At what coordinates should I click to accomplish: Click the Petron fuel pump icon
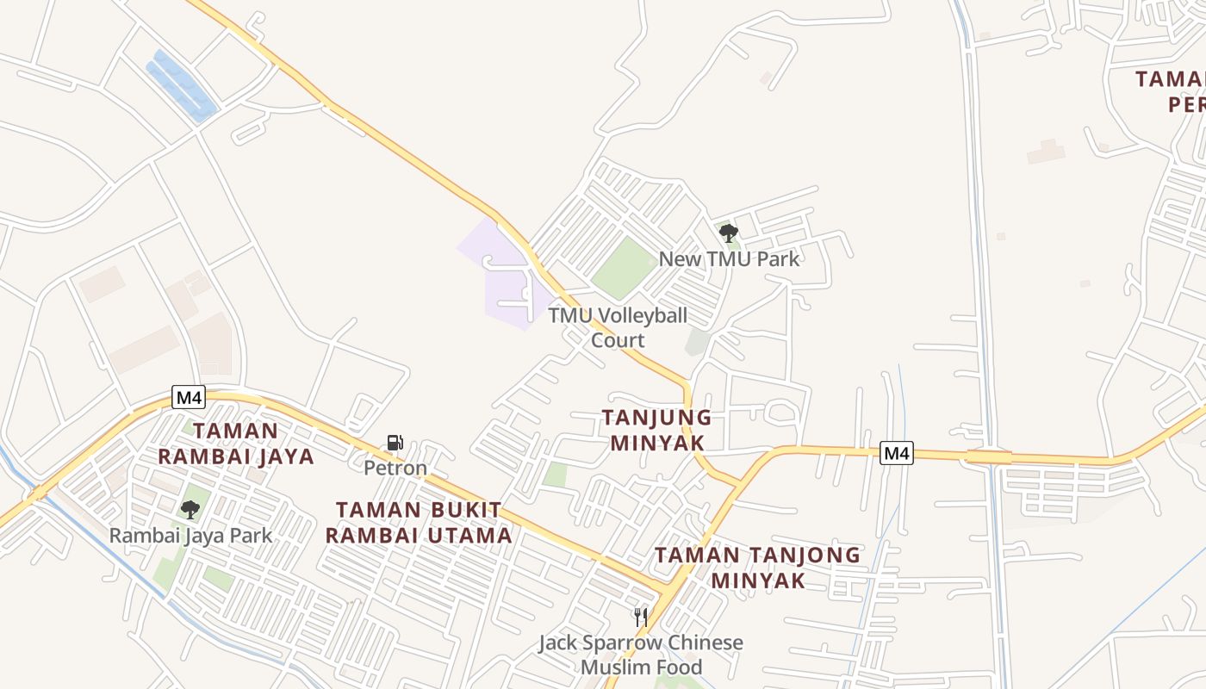click(395, 443)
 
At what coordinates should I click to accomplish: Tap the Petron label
click(395, 469)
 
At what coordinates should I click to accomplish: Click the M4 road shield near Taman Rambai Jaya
click(188, 397)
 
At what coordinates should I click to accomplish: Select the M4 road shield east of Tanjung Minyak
click(896, 453)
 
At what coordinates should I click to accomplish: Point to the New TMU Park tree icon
click(728, 233)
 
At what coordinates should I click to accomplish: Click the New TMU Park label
click(729, 258)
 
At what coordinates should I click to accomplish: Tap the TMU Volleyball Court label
click(618, 327)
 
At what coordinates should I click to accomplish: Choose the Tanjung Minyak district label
click(656, 430)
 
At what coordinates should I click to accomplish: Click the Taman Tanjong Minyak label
click(757, 568)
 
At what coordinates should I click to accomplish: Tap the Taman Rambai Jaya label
click(235, 443)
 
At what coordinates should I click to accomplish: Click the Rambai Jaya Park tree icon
click(190, 509)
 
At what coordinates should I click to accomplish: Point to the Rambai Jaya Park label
click(190, 536)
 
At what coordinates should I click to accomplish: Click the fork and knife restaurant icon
click(640, 617)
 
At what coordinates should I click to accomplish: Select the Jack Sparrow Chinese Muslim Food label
click(641, 655)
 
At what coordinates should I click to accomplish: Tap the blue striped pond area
click(181, 86)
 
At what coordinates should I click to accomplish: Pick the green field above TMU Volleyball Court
click(625, 268)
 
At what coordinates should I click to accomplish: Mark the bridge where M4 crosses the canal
click(988, 456)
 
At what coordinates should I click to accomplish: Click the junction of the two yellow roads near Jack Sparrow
click(667, 591)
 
